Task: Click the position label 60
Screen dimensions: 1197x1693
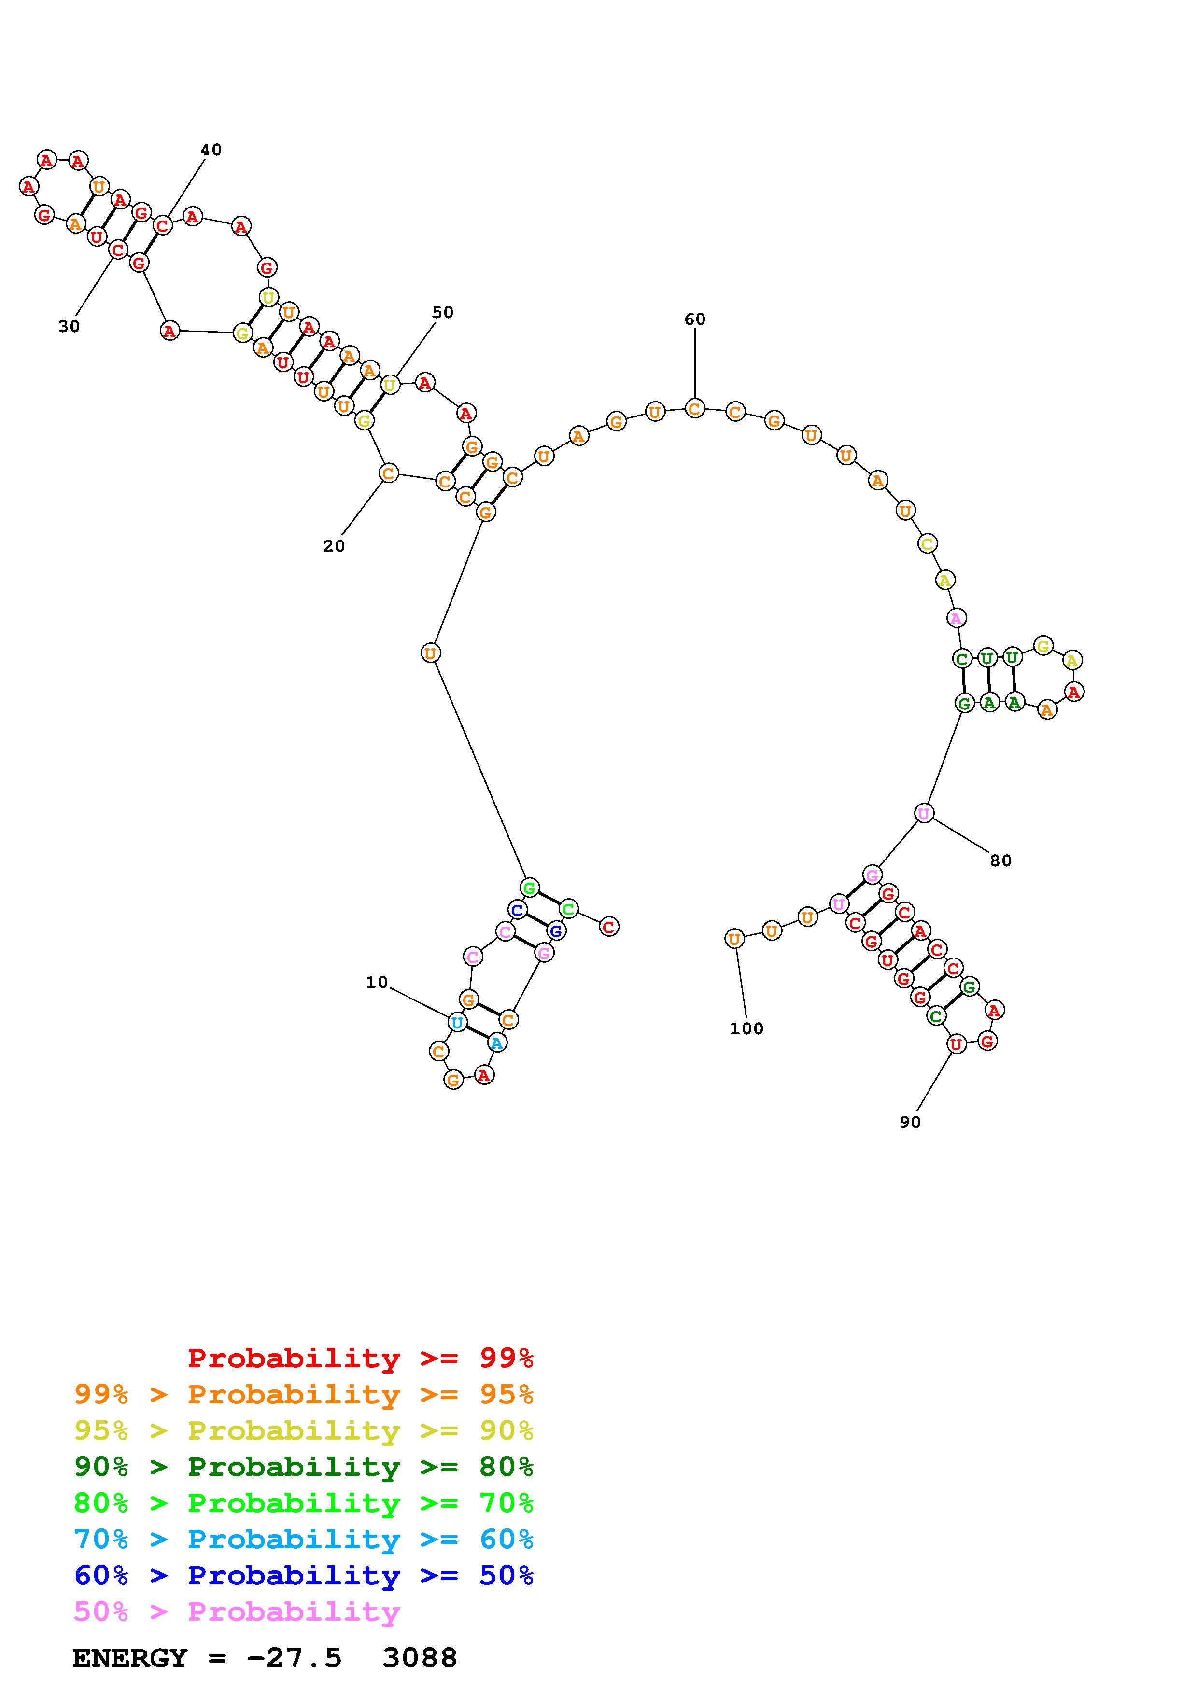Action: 695,319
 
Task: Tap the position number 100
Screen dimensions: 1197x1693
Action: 746,1028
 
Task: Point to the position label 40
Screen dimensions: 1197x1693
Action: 211,150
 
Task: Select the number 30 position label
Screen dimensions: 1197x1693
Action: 69,327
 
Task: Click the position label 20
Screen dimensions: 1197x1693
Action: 333,546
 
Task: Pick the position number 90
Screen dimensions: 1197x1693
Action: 910,1122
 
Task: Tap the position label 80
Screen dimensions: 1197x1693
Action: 1001,860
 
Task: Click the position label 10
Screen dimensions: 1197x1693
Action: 377,982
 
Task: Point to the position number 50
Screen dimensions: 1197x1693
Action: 442,313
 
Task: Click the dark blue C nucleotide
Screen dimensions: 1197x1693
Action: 517,909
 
